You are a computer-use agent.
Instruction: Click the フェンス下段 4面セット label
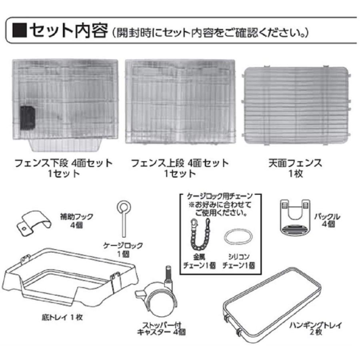64,163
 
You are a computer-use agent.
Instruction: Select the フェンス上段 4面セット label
180,163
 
